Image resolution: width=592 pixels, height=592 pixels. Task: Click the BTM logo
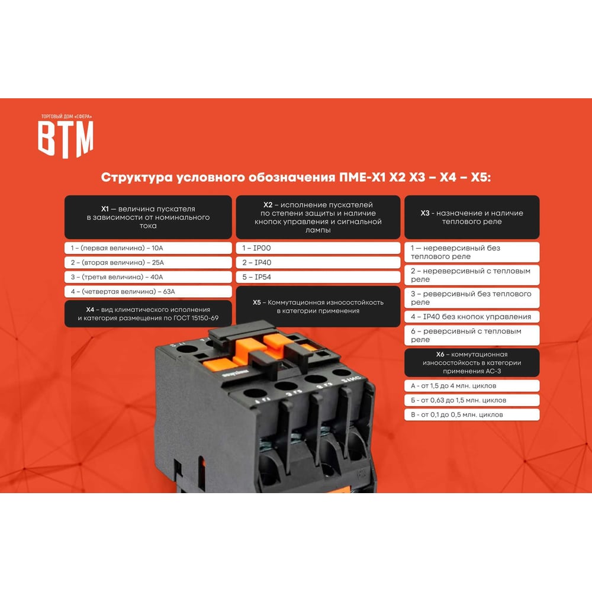pyautogui.click(x=66, y=136)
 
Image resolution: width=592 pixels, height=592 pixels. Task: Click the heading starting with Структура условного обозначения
pyautogui.click(x=296, y=178)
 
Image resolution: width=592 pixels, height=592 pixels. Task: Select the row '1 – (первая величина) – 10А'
pyautogui.click(x=148, y=248)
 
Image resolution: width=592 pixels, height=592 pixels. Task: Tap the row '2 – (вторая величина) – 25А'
pyautogui.click(x=148, y=262)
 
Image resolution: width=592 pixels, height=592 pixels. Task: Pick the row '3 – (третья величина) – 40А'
pyautogui.click(x=148, y=277)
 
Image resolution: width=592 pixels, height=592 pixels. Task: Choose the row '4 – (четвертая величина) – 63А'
pyautogui.click(x=148, y=291)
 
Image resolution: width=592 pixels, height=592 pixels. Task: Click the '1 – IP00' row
pyautogui.click(x=318, y=248)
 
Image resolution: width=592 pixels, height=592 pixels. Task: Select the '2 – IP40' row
pyautogui.click(x=318, y=262)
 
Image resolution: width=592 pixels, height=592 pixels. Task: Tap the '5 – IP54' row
pyautogui.click(x=318, y=277)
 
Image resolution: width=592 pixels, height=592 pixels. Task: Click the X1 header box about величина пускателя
pyautogui.click(x=148, y=217)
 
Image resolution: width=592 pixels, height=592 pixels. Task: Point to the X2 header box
pyautogui.click(x=318, y=217)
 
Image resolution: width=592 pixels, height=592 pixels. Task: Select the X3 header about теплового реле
pyautogui.click(x=472, y=217)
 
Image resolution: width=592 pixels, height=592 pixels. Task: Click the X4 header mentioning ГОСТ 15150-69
pyautogui.click(x=148, y=314)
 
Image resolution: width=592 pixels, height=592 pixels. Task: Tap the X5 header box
pyautogui.click(x=318, y=307)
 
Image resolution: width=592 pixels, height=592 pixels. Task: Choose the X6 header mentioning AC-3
pyautogui.click(x=472, y=363)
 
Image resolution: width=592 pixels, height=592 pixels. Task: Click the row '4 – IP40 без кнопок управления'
pyautogui.click(x=472, y=317)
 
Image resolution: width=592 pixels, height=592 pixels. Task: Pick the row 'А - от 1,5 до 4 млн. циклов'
pyautogui.click(x=472, y=386)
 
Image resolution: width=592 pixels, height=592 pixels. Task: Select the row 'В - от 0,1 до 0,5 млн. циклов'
pyautogui.click(x=472, y=414)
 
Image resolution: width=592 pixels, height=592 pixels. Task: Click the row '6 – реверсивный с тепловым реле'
pyautogui.click(x=472, y=335)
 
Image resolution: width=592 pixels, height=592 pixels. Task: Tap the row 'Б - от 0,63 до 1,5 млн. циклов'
pyautogui.click(x=472, y=400)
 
